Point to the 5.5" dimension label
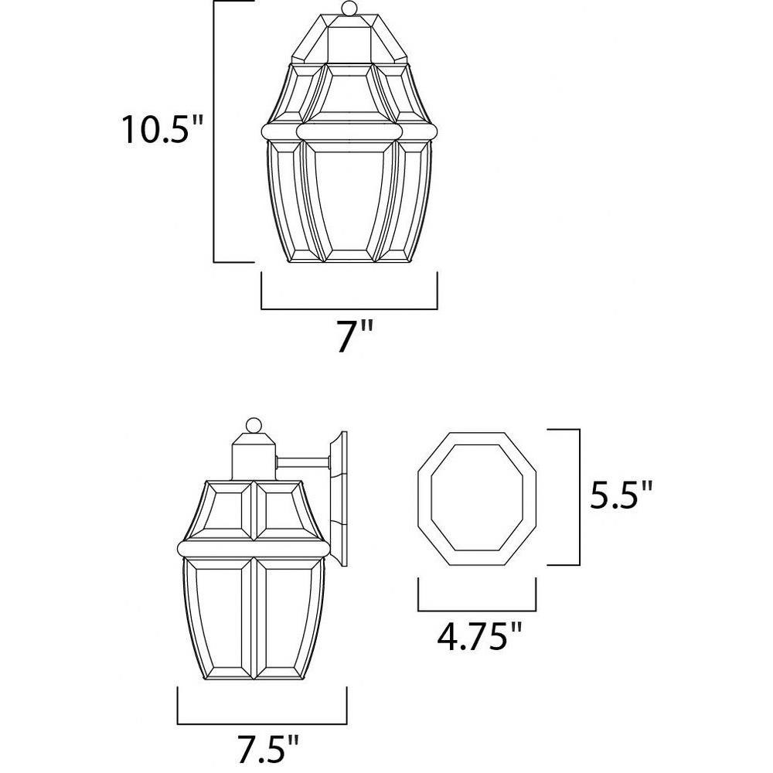click(621, 496)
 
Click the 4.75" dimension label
click(479, 637)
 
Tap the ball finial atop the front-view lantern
click(349, 8)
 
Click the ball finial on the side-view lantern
click(254, 425)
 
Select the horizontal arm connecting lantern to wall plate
click(303, 462)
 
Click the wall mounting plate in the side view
click(339, 499)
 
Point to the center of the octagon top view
click(477, 499)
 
